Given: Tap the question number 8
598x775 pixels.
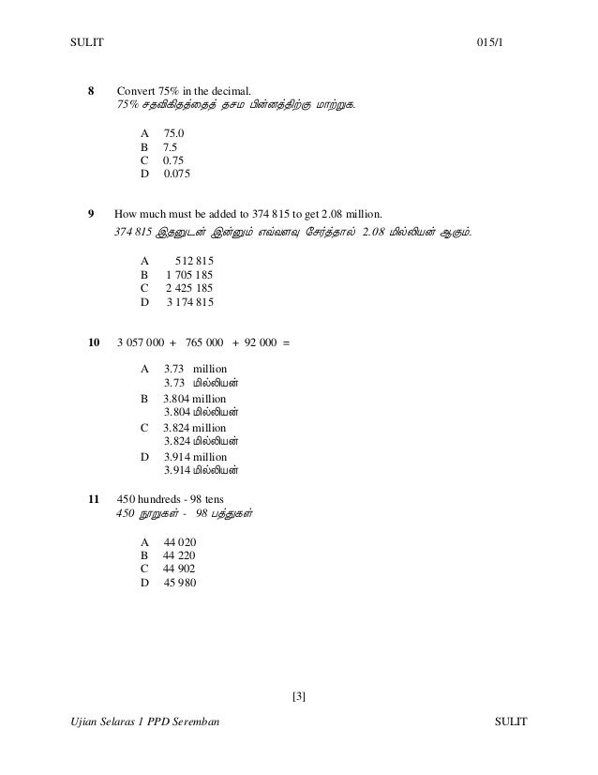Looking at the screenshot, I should pyautogui.click(x=91, y=91).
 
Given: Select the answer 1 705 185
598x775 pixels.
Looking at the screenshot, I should pyautogui.click(x=189, y=274).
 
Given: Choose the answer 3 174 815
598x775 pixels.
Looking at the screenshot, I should pyautogui.click(x=189, y=302).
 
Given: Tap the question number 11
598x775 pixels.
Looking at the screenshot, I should pyautogui.click(x=93, y=497).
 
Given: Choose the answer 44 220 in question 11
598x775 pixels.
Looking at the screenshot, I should pyautogui.click(x=179, y=555).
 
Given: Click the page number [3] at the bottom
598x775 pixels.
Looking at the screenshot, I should pyautogui.click(x=299, y=695).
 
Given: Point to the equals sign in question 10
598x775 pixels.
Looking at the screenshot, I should pyautogui.click(x=287, y=342).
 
